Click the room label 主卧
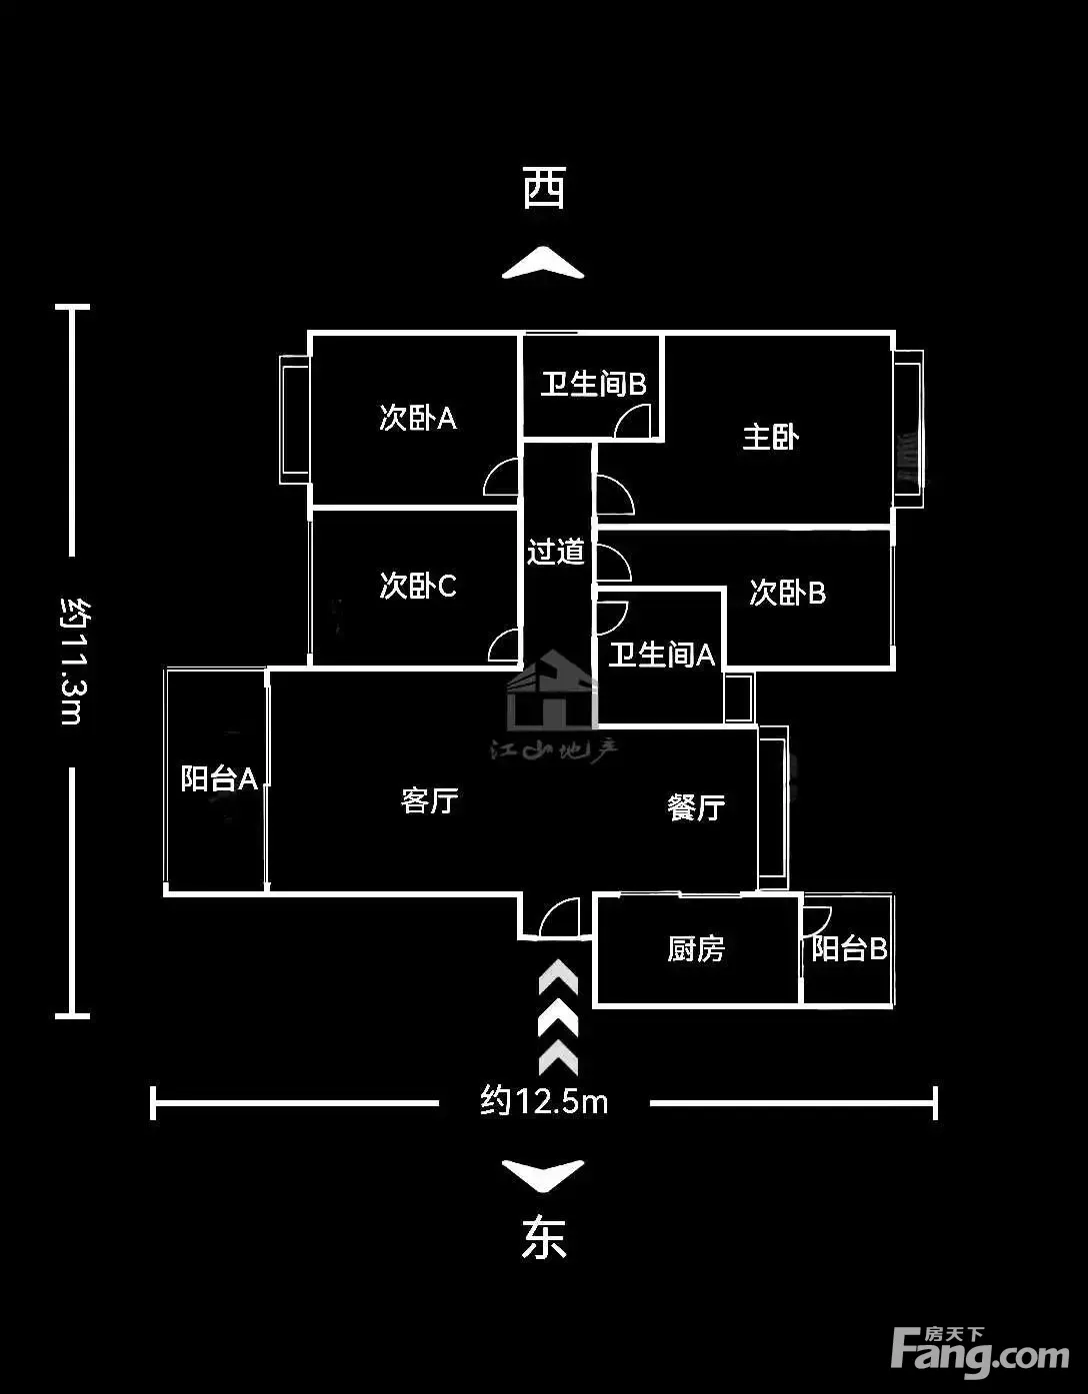point(771,438)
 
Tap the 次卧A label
point(418,419)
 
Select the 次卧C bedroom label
point(418,585)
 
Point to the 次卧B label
point(788,593)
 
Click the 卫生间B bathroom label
point(593,385)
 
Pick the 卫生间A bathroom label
point(662,655)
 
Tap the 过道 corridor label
point(556,551)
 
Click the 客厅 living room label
point(429,800)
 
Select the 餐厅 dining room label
point(696,807)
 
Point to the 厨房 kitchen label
point(696,948)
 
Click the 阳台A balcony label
point(219,778)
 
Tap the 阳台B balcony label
point(849,948)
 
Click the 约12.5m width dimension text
point(544,1101)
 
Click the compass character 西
point(544,188)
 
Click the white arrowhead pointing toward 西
point(543,263)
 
